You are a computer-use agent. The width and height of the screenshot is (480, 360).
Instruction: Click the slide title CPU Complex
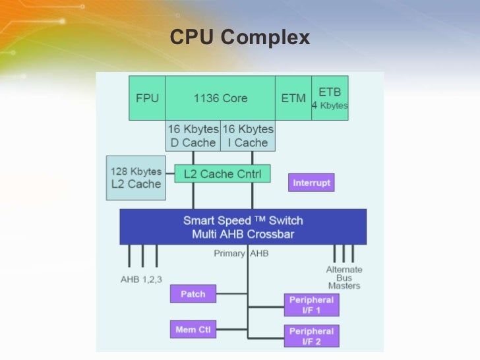coord(239,38)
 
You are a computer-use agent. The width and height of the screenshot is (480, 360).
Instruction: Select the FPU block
coord(146,98)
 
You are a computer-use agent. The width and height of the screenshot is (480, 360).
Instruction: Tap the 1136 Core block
coord(220,98)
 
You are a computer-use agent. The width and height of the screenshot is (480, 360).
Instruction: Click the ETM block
coord(293,98)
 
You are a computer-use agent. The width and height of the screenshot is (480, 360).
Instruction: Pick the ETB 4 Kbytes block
coord(330,98)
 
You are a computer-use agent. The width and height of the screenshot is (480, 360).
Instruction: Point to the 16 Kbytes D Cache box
coord(192,136)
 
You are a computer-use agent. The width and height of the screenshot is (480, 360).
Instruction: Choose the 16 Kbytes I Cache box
coord(247,136)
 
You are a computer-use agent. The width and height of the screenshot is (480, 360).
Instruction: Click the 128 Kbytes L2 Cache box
coord(135,178)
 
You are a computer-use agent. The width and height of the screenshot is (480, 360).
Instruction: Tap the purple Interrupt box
coord(311,182)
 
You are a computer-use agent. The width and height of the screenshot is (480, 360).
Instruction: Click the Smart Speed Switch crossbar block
coord(243,227)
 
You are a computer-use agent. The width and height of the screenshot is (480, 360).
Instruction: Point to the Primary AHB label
coord(241,253)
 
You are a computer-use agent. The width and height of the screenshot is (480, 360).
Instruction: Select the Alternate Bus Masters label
coord(344,278)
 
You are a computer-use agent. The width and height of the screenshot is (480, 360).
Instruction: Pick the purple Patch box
coord(193,294)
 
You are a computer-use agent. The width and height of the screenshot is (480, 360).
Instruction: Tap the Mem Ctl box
coord(193,329)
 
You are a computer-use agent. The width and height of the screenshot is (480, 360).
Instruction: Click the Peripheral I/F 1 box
coord(311,305)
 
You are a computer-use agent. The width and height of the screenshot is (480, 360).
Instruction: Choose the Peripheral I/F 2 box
coord(311,336)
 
